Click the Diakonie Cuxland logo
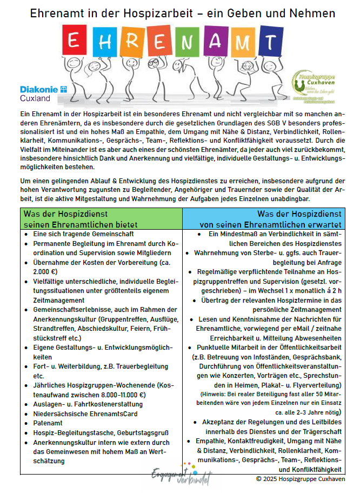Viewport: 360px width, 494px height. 43,94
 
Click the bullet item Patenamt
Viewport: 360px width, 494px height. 48,423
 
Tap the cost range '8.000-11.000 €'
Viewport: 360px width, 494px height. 83,395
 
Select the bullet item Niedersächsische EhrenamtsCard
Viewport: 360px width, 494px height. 85,413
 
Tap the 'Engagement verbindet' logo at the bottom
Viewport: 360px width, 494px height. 180,476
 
